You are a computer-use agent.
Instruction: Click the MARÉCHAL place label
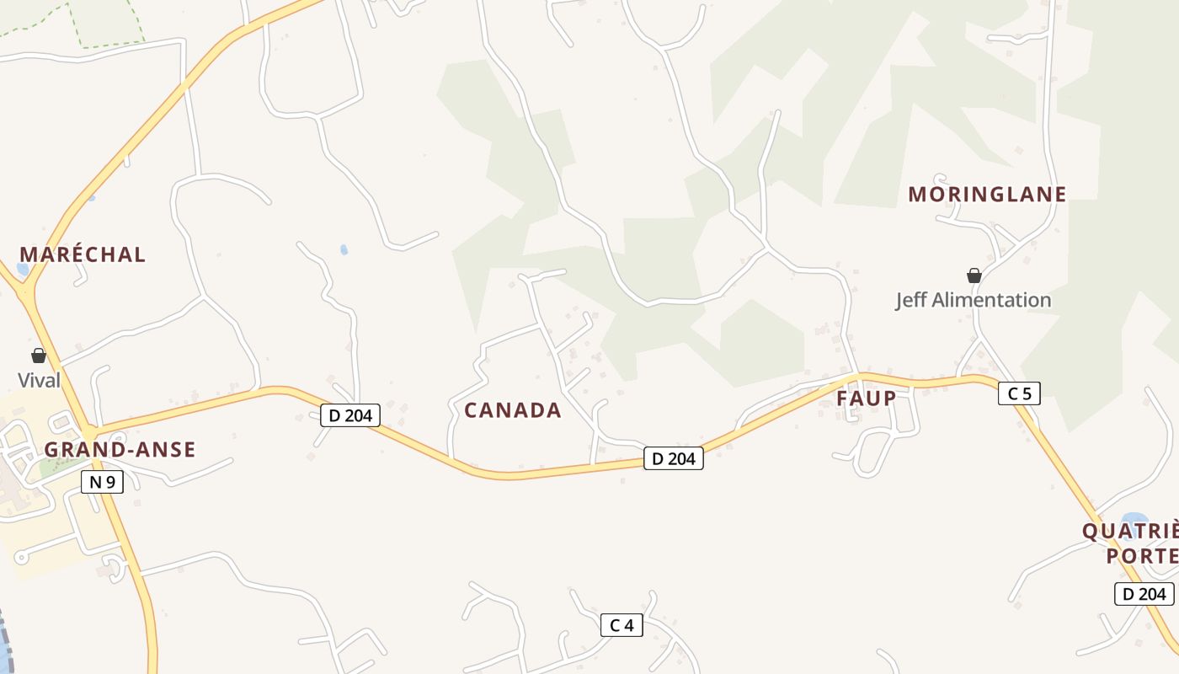click(x=83, y=254)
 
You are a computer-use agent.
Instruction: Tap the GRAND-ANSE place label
click(x=120, y=450)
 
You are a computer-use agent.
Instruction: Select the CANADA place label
click(x=512, y=410)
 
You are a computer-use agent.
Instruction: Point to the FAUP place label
click(x=866, y=399)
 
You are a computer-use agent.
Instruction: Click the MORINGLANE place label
click(x=987, y=195)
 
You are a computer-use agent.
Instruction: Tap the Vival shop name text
click(x=39, y=380)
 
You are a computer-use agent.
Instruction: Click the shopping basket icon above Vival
click(x=38, y=356)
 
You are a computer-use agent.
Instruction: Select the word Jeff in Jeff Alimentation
click(x=911, y=300)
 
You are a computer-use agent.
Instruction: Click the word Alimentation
click(x=992, y=300)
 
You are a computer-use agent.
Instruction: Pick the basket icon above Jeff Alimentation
click(x=974, y=275)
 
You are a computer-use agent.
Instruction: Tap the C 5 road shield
click(x=1019, y=393)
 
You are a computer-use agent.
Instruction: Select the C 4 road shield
click(x=622, y=625)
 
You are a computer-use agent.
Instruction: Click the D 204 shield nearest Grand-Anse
click(x=350, y=415)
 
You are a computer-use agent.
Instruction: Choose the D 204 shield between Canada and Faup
click(x=673, y=458)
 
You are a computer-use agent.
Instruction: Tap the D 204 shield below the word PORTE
click(x=1144, y=594)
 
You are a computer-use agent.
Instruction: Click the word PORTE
click(x=1142, y=557)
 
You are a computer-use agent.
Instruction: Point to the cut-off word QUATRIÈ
click(x=1130, y=532)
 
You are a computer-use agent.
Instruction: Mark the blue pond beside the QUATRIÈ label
click(x=1134, y=518)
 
